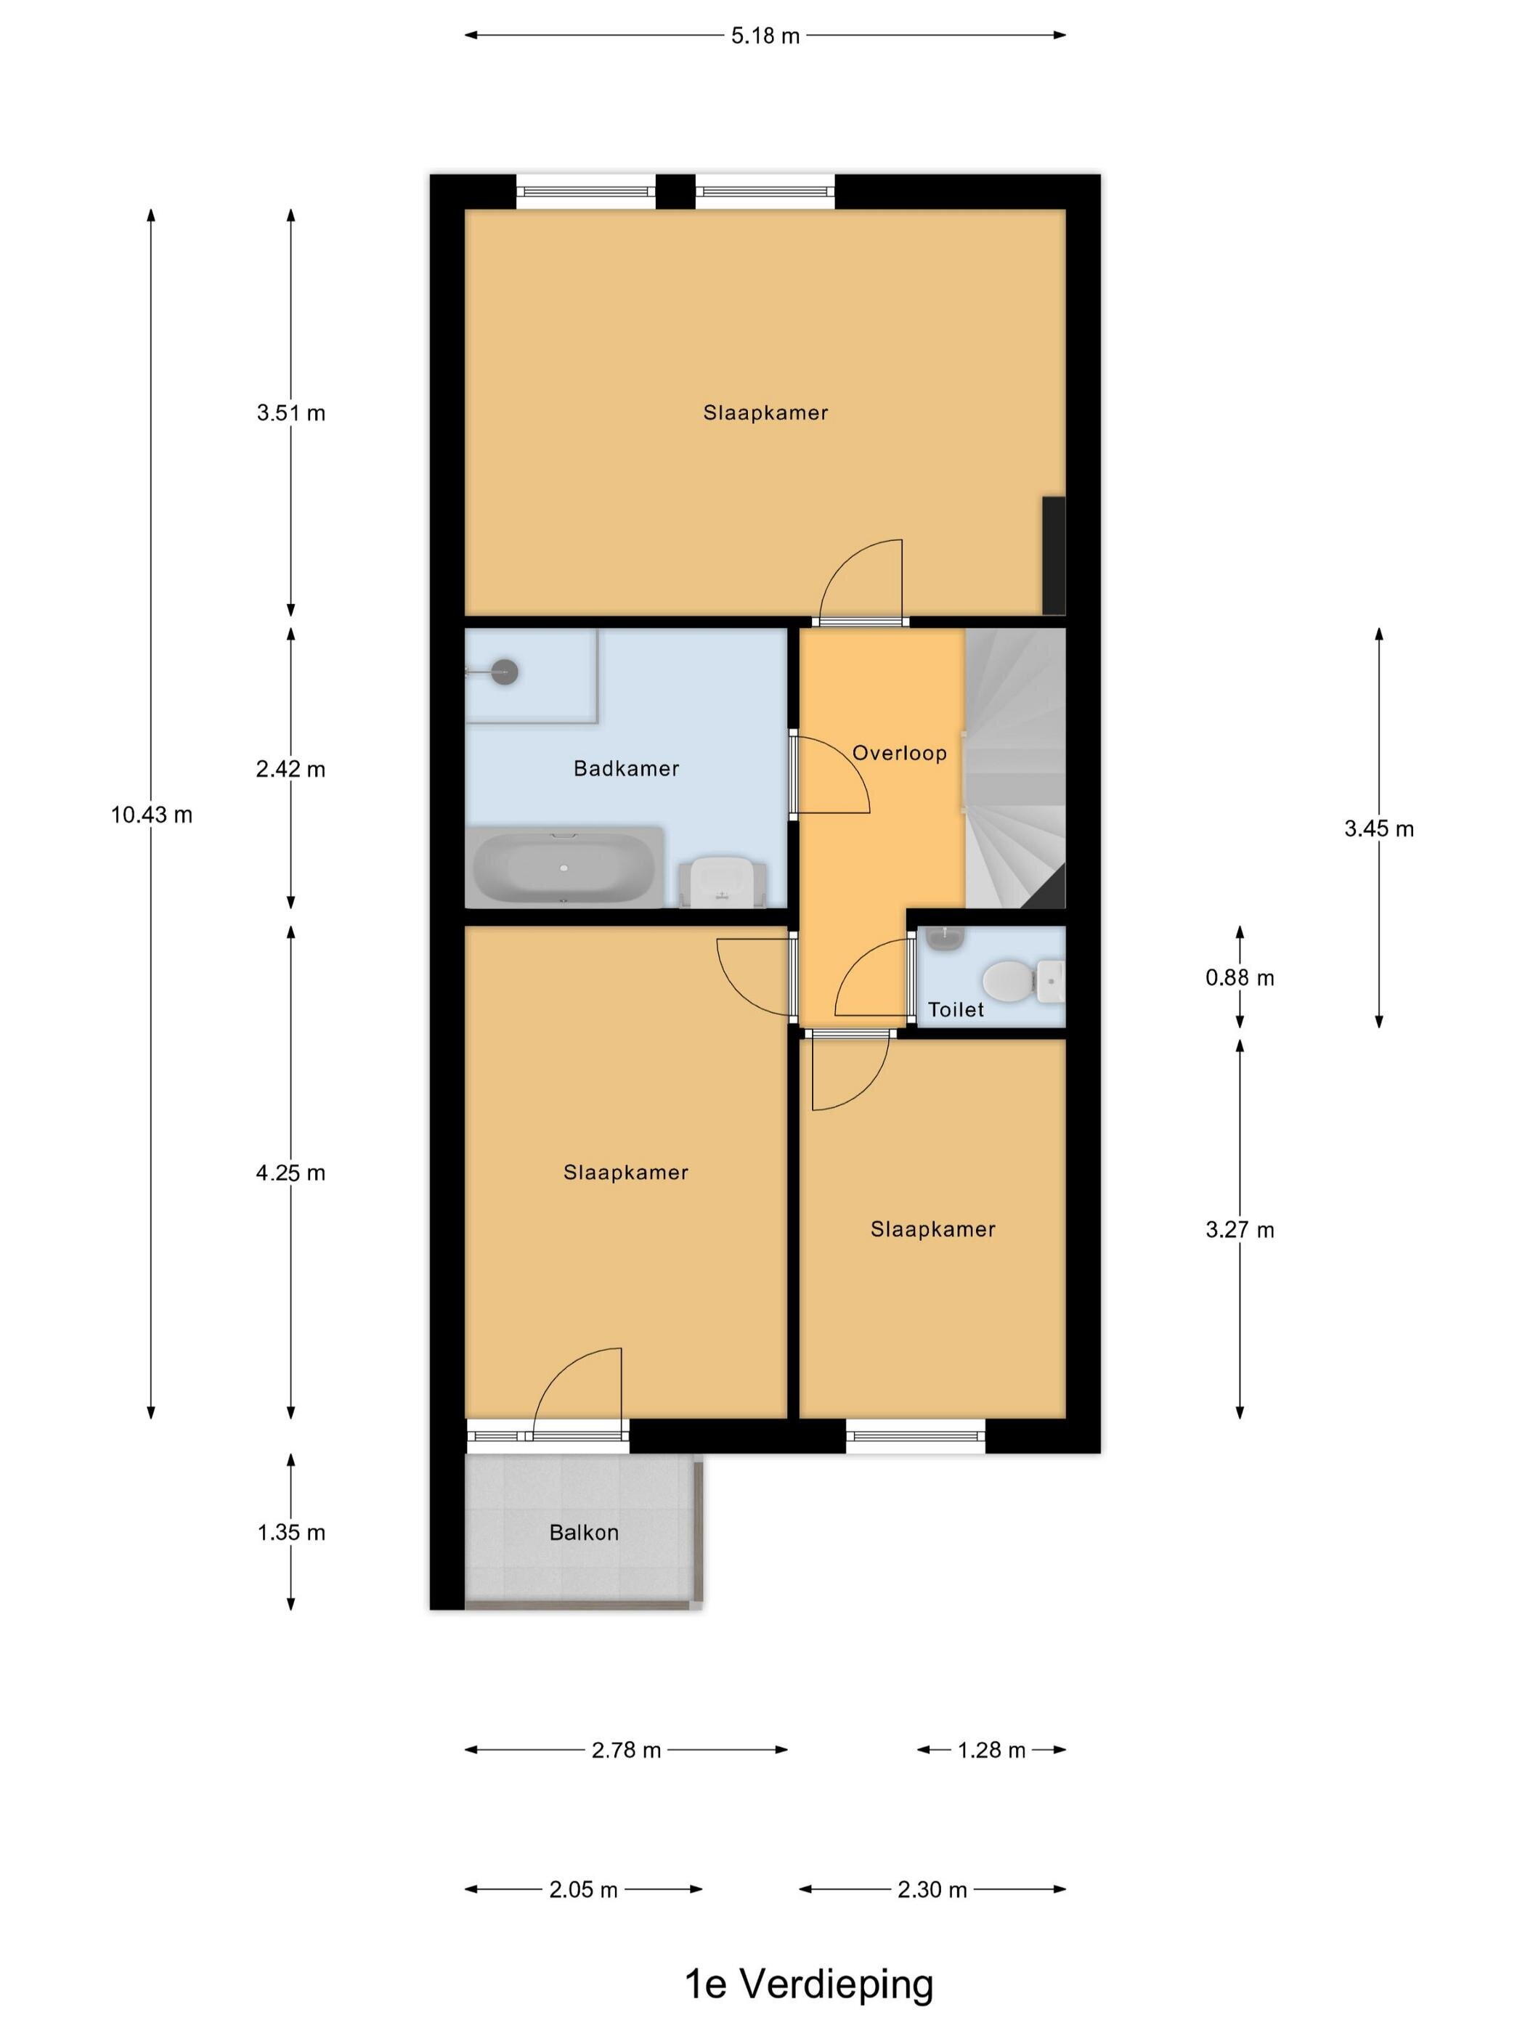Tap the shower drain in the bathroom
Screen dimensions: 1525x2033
pos(504,672)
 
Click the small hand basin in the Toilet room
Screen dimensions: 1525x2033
pos(945,938)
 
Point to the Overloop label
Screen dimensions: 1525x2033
pos(899,753)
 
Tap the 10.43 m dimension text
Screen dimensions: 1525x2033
pos(152,815)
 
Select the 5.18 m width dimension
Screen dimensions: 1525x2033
pos(765,36)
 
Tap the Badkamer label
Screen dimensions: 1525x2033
pos(626,768)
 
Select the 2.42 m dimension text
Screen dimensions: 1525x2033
pos(290,768)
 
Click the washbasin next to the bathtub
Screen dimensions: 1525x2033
pos(723,882)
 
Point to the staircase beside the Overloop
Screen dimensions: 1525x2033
pos(1014,768)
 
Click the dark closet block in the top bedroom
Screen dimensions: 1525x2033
pos(1054,556)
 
